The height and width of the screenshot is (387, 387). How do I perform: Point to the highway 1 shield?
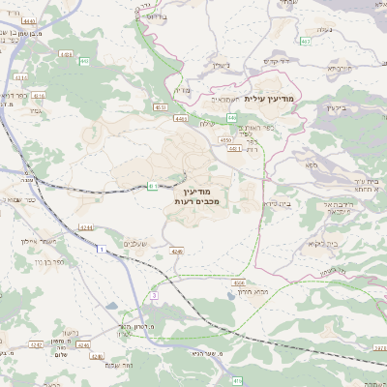100,250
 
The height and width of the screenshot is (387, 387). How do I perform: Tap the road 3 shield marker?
153,294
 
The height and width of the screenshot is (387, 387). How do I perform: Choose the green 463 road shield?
306,42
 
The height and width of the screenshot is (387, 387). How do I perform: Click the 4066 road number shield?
239,283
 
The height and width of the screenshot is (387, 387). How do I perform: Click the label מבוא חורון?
266,290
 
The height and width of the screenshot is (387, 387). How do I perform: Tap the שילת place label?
205,123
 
